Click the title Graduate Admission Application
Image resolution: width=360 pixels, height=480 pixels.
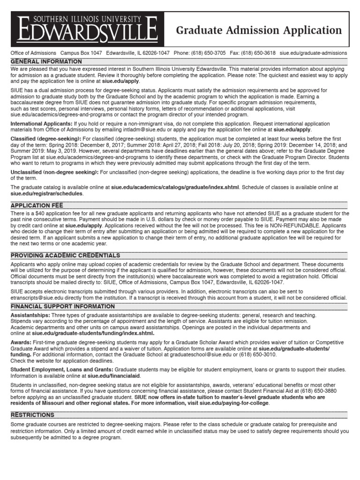(259, 31)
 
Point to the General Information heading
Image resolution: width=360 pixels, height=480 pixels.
(46, 62)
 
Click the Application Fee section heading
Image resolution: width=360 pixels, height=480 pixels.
(37, 205)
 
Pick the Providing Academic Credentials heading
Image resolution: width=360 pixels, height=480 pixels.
(66, 255)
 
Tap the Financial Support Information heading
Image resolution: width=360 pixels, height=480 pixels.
(63, 306)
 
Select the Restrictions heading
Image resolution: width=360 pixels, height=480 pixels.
(33, 415)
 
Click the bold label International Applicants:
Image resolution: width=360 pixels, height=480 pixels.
(41, 124)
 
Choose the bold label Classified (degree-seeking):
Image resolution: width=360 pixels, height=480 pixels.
(46, 139)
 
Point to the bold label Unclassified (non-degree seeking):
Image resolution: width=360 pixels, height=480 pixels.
(54, 173)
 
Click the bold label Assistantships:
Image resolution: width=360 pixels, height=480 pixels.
(30, 315)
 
